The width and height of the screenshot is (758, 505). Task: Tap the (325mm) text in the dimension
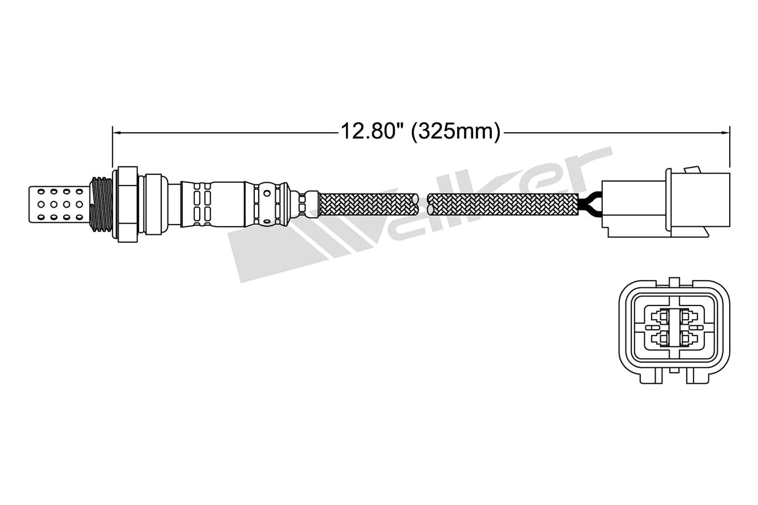tap(456, 132)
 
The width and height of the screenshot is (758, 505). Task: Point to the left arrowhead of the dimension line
tap(116, 133)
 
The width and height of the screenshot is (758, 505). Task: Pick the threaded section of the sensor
tap(102, 205)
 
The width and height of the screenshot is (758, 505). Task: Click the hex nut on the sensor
tap(127, 204)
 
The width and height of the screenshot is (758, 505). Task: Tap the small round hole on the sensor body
tap(267, 193)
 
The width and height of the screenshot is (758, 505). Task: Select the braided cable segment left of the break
tap(368, 205)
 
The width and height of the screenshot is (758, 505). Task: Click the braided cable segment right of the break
tap(503, 205)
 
